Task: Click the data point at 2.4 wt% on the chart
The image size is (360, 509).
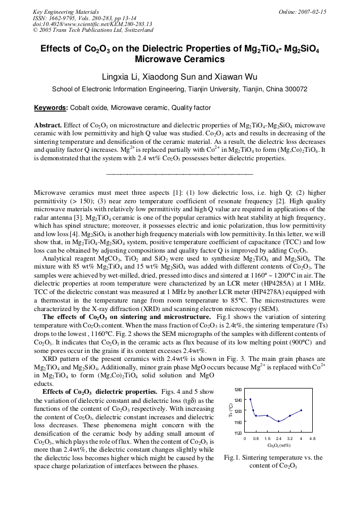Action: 278,421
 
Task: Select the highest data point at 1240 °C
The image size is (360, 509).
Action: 250,399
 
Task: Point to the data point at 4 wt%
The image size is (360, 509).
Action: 301,410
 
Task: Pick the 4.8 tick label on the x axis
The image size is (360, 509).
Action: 312,439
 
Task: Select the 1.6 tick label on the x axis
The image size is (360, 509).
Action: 267,439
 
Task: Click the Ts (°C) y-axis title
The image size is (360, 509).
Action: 231,411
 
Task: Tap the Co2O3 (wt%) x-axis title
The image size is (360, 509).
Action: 278,445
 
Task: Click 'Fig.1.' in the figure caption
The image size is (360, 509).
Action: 233,458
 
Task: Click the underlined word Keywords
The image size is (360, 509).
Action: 50,108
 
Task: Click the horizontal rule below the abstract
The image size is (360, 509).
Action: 179,174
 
